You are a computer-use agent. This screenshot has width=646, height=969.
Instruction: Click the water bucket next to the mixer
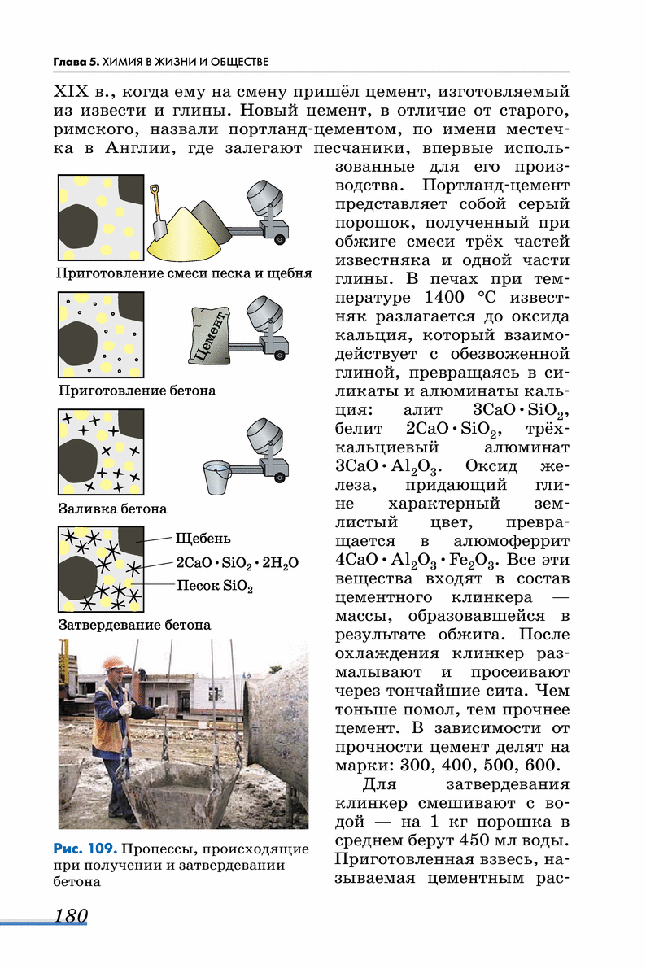216,476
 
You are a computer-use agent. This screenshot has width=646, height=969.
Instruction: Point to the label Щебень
203,538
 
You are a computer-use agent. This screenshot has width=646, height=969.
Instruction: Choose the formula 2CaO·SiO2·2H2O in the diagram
237,562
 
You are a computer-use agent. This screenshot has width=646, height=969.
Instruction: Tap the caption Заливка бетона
112,509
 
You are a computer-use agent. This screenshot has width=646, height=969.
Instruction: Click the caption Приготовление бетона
137,391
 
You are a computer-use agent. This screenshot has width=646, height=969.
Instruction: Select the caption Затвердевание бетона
134,626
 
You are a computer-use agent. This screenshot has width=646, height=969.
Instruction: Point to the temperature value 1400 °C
466,297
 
